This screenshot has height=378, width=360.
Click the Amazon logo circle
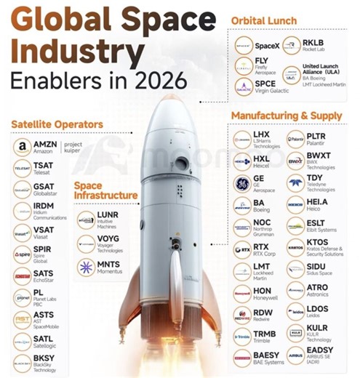23,147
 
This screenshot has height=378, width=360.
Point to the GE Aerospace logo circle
242,182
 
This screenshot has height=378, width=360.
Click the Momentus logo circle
86,267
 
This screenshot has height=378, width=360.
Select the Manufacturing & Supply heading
286,116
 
